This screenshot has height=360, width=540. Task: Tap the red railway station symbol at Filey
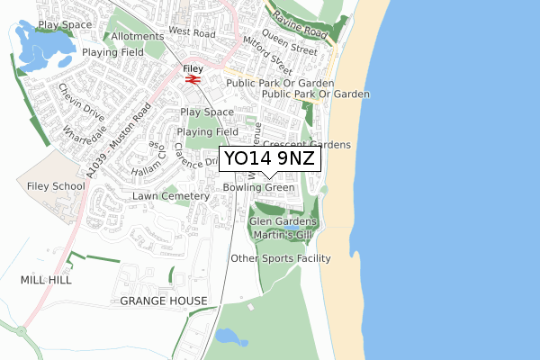(192, 79)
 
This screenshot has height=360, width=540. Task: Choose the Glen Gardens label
(283, 221)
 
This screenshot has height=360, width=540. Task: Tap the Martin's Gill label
(283, 235)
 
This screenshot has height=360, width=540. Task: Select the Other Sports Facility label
(281, 258)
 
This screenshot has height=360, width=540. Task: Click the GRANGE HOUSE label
(163, 301)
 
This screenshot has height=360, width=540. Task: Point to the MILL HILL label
(45, 280)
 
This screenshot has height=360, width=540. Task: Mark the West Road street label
(192, 32)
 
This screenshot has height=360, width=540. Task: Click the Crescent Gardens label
(306, 144)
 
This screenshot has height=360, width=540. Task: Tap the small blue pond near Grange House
(230, 337)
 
